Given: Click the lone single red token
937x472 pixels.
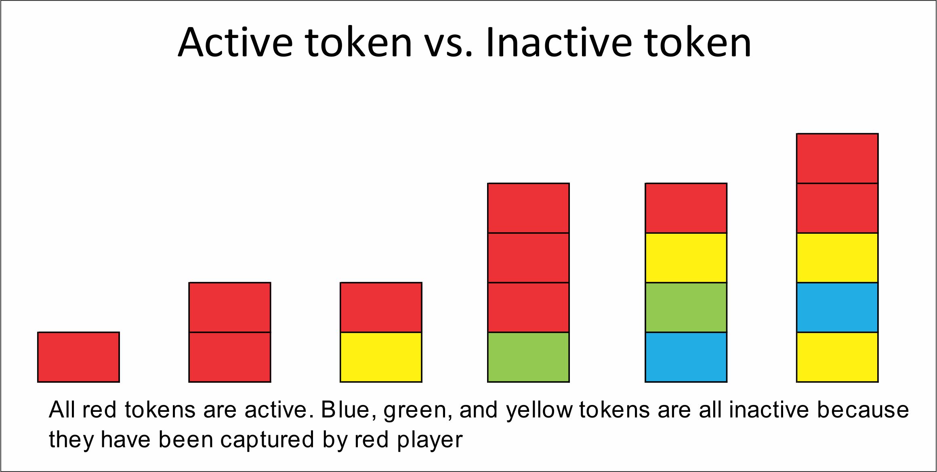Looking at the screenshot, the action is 78,357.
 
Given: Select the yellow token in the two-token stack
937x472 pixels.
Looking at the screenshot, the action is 381,357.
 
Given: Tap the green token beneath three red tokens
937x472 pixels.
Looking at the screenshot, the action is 528,357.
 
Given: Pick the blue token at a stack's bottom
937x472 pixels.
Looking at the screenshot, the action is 686,357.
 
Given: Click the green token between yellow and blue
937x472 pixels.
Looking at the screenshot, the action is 686,307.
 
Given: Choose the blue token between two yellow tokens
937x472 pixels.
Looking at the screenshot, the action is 837,307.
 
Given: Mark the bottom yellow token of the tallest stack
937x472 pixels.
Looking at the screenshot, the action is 837,357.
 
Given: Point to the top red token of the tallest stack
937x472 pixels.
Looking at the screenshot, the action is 837,158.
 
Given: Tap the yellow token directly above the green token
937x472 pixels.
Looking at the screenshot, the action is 686,258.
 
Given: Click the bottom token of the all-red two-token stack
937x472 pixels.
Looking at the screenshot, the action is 230,357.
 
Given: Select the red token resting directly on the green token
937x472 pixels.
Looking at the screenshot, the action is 528,307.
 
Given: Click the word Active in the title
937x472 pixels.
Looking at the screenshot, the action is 235,42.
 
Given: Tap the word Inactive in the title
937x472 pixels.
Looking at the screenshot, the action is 558,42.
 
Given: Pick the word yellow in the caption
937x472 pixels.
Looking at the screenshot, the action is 539,411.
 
